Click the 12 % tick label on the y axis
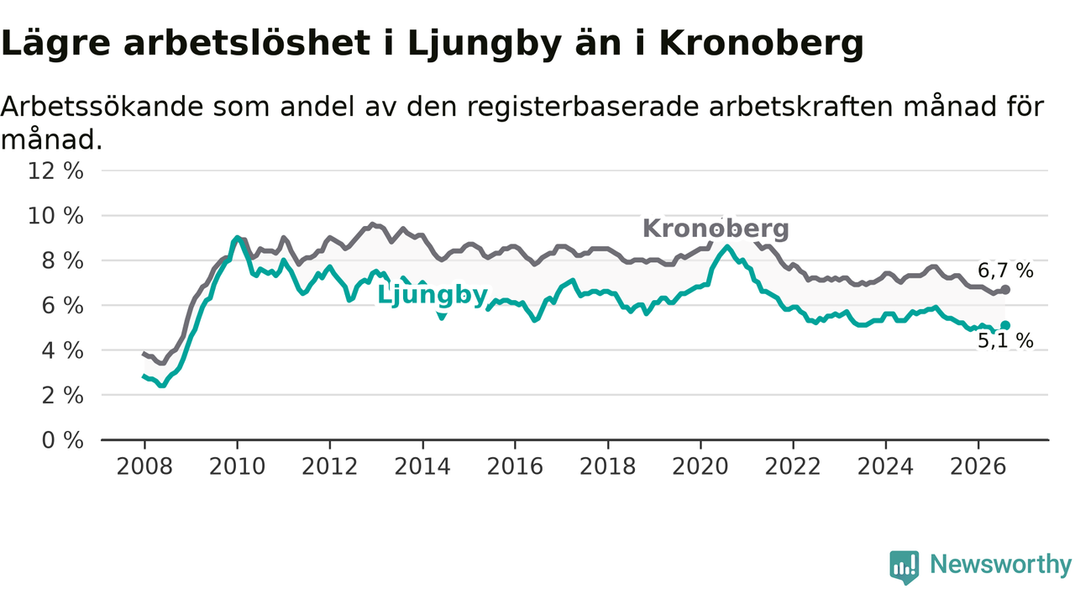point(55,171)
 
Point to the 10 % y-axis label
point(55,216)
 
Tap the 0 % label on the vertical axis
point(62,440)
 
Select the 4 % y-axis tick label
point(62,351)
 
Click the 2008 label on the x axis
point(144,466)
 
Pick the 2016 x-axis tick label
point(515,466)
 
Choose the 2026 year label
point(978,466)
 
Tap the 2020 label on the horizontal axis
point(700,466)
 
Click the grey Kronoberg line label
point(716,229)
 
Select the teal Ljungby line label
point(433,294)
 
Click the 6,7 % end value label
point(1005,271)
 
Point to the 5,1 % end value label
point(1005,341)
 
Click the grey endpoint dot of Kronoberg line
point(1005,290)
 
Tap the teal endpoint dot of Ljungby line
point(1005,325)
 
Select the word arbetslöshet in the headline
point(247,43)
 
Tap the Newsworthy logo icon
point(905,567)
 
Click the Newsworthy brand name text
point(1000,565)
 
